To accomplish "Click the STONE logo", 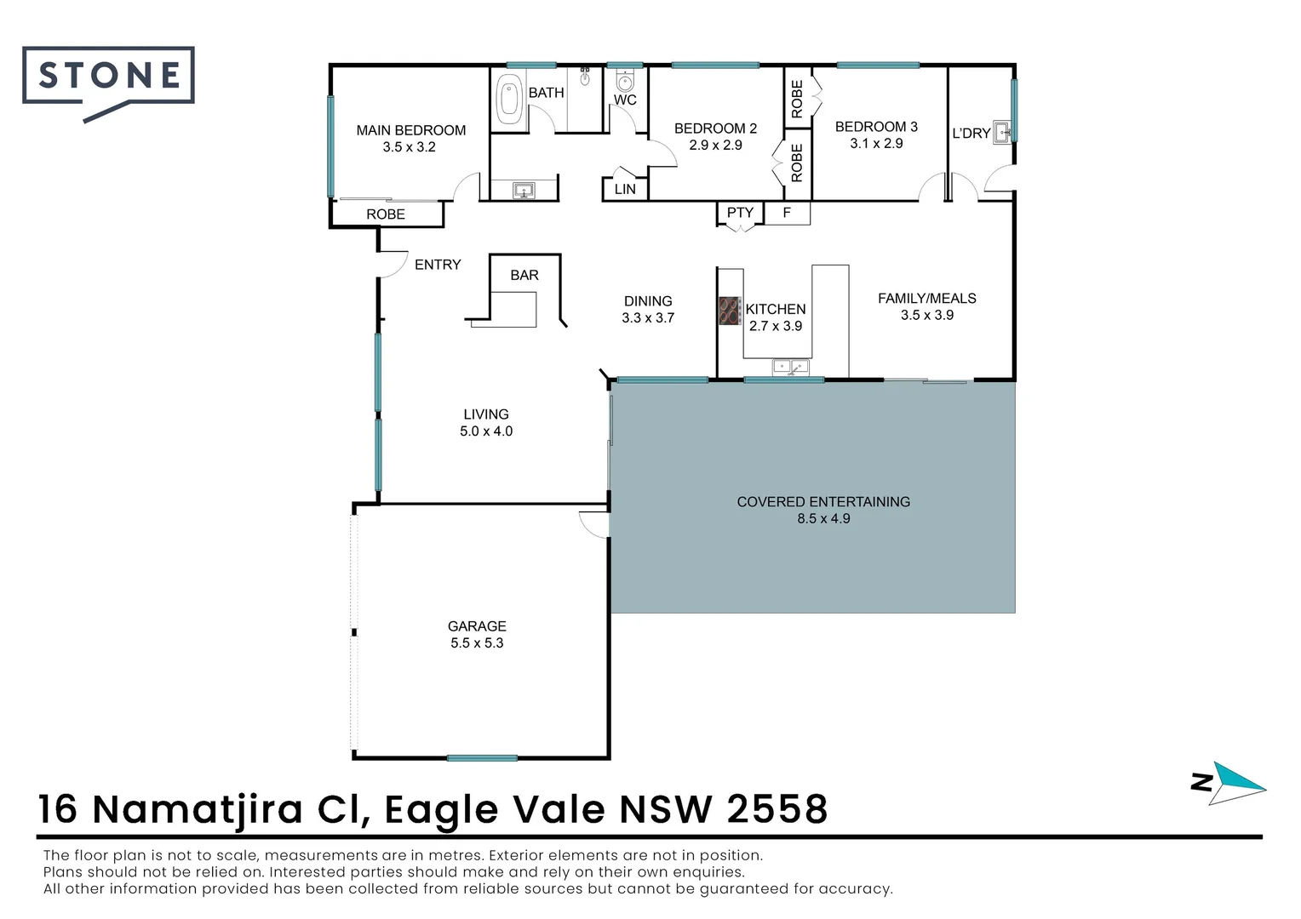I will (x=109, y=77).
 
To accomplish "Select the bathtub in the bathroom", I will (x=508, y=100).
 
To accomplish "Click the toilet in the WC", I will (x=625, y=82).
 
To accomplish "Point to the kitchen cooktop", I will (x=729, y=311).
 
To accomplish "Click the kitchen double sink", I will (x=790, y=367).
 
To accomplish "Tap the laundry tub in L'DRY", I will (x=1002, y=132).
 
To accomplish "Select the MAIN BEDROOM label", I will (x=410, y=130).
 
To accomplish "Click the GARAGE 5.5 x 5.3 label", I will (x=477, y=635).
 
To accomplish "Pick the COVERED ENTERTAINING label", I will (x=823, y=502).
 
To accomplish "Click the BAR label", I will (x=524, y=275).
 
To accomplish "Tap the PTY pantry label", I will (x=740, y=213).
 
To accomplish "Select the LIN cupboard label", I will (x=625, y=189).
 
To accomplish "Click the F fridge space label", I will (x=787, y=213).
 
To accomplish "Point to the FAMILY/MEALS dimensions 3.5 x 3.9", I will (x=926, y=315).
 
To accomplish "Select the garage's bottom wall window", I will (x=482, y=757).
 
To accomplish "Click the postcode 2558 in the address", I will (x=777, y=809).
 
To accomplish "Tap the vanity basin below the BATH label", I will (x=523, y=190).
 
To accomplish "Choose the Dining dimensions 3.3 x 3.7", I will (x=648, y=318).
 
